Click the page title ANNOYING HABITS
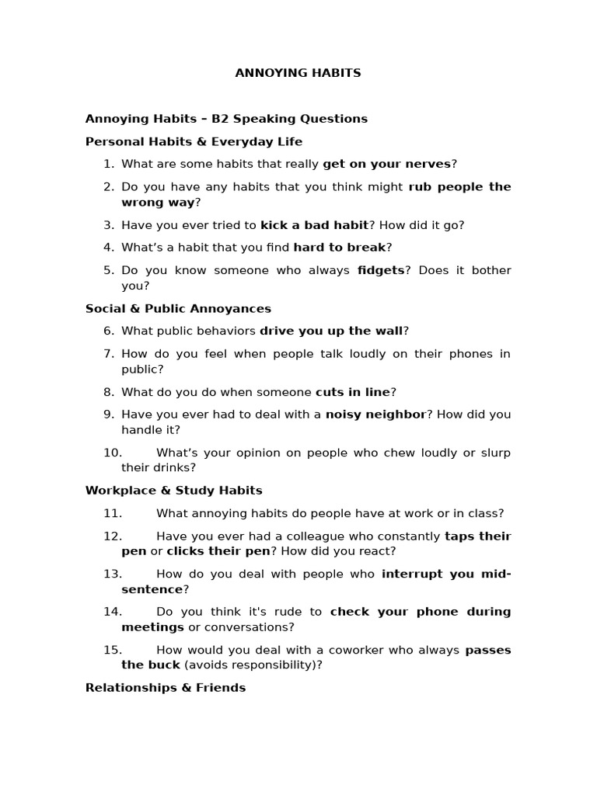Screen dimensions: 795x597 click(298, 73)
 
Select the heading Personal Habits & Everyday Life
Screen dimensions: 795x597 click(194, 141)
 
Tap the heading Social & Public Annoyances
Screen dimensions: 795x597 click(178, 308)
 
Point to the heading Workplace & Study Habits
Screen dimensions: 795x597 click(173, 490)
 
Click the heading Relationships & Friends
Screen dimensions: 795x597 click(165, 687)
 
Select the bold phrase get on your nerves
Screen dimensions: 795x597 click(386, 164)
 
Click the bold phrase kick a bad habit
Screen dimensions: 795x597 click(314, 224)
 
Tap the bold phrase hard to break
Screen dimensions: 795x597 click(339, 247)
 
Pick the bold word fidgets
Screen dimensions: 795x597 click(381, 270)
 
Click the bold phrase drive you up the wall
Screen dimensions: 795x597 click(331, 331)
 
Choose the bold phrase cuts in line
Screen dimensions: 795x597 click(352, 391)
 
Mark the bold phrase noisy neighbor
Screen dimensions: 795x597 click(375, 414)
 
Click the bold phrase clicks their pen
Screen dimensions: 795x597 click(218, 550)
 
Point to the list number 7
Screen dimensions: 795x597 click(109, 353)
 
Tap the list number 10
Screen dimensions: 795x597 click(112, 452)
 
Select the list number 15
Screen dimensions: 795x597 click(112, 650)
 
